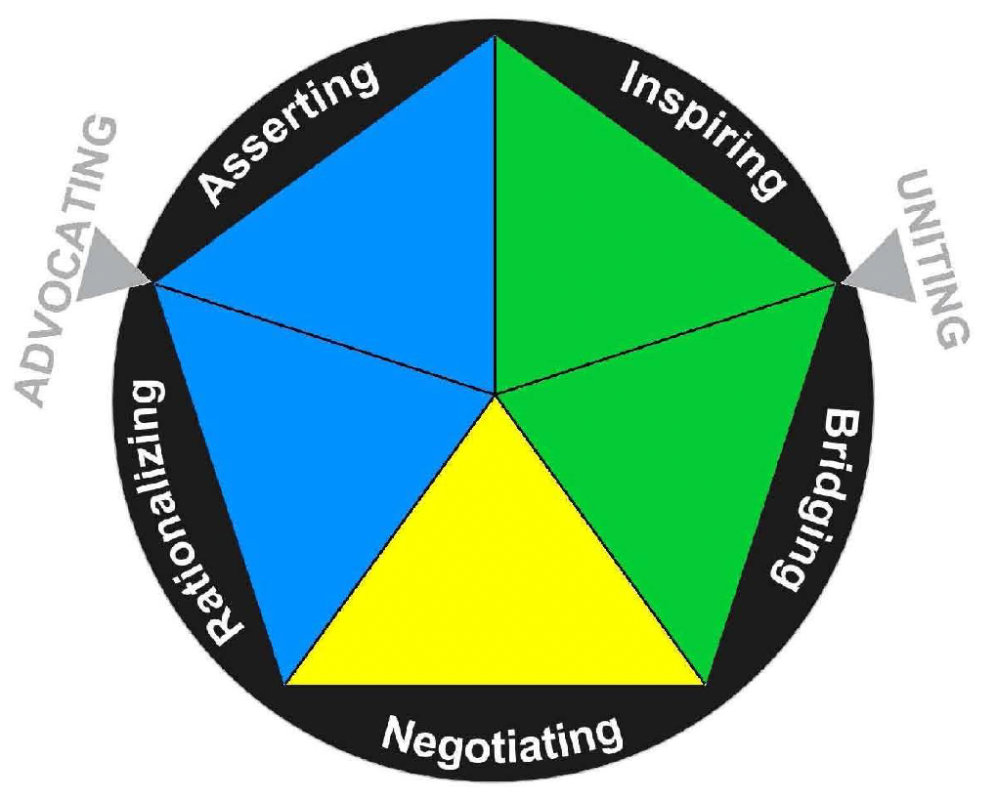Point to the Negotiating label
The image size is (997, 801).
tap(501, 738)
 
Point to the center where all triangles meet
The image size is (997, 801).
tap(496, 394)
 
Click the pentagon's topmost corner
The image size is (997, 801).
tap(496, 37)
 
